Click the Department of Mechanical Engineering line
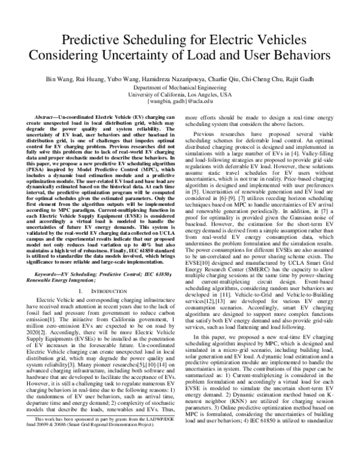click(180, 86)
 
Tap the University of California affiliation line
click(180, 94)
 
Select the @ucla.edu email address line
click(180, 102)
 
